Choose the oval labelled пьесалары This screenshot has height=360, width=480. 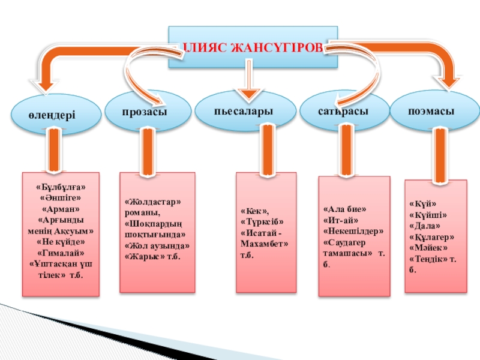246,111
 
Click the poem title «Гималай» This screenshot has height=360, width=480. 61,253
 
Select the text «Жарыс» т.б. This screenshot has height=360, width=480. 151,256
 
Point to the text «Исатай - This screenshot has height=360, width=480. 262,233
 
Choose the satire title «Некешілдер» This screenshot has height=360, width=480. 353,231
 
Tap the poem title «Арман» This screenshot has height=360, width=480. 61,209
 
